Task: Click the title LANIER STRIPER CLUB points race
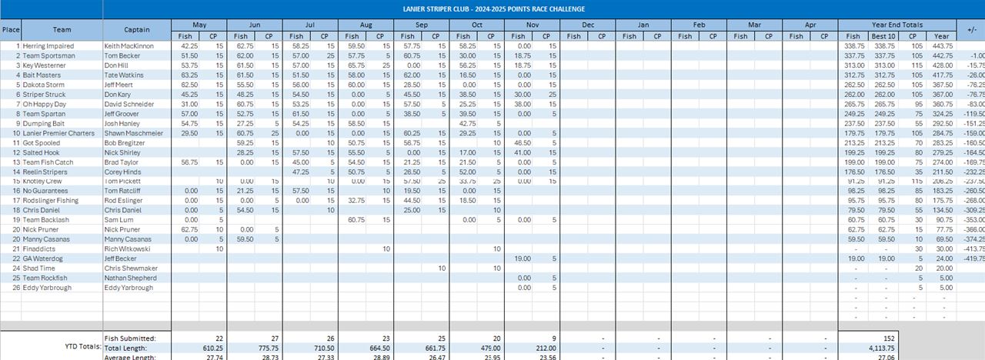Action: pos(493,8)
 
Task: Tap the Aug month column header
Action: pos(366,25)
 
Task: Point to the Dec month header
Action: pos(588,25)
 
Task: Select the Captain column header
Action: pos(137,30)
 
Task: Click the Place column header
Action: pos(11,30)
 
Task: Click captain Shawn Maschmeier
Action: pos(134,133)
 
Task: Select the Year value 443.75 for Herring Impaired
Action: pos(942,46)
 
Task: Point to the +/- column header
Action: pos(970,30)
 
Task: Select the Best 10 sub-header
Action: pos(883,36)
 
